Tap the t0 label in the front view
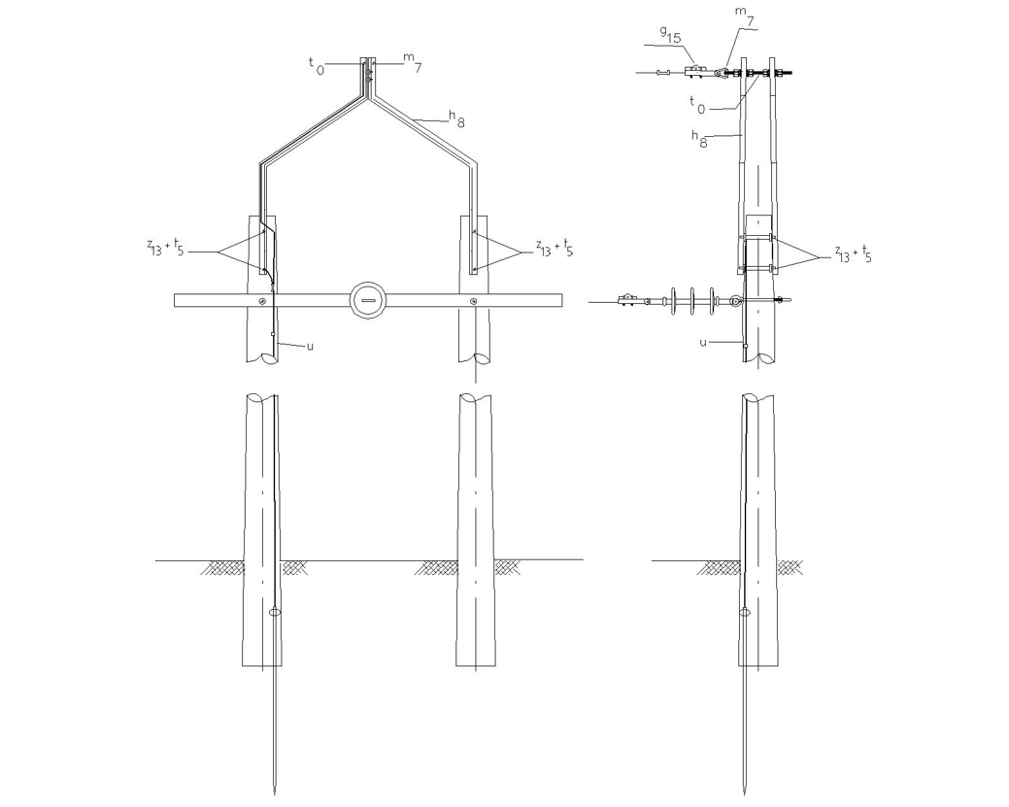pyautogui.click(x=317, y=64)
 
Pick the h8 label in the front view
pyautogui.click(x=456, y=118)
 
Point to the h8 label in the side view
pyautogui.click(x=699, y=138)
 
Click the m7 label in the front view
pyautogui.click(x=413, y=62)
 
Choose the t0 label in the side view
pyautogui.click(x=697, y=104)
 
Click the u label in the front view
pyautogui.click(x=310, y=346)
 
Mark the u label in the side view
pyautogui.click(x=703, y=342)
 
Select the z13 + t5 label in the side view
pyautogui.click(x=854, y=252)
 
